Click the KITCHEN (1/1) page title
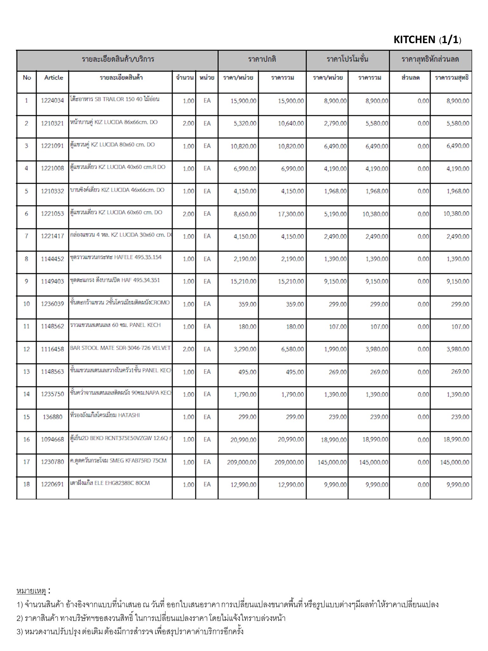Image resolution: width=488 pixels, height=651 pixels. coord(427,40)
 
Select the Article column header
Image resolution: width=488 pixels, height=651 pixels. coord(54,78)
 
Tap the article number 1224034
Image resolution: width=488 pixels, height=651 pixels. coord(52,101)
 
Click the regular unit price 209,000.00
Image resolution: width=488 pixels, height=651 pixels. coord(241,462)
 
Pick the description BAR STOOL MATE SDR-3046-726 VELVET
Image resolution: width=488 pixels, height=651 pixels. coord(120,348)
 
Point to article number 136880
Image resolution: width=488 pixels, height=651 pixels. coord(52,417)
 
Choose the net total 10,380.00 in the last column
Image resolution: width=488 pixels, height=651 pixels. coord(456,214)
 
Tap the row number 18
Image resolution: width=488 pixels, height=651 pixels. coord(26,484)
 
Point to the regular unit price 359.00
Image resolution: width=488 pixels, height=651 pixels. coord(247,304)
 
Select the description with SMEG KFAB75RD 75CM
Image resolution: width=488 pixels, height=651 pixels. coord(118,461)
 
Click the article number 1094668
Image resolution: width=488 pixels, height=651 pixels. coord(52,440)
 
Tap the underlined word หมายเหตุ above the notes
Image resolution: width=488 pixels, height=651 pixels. coord(31,591)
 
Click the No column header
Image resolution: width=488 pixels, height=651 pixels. coord(27,78)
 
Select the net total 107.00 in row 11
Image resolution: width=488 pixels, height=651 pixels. coord(460,326)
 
